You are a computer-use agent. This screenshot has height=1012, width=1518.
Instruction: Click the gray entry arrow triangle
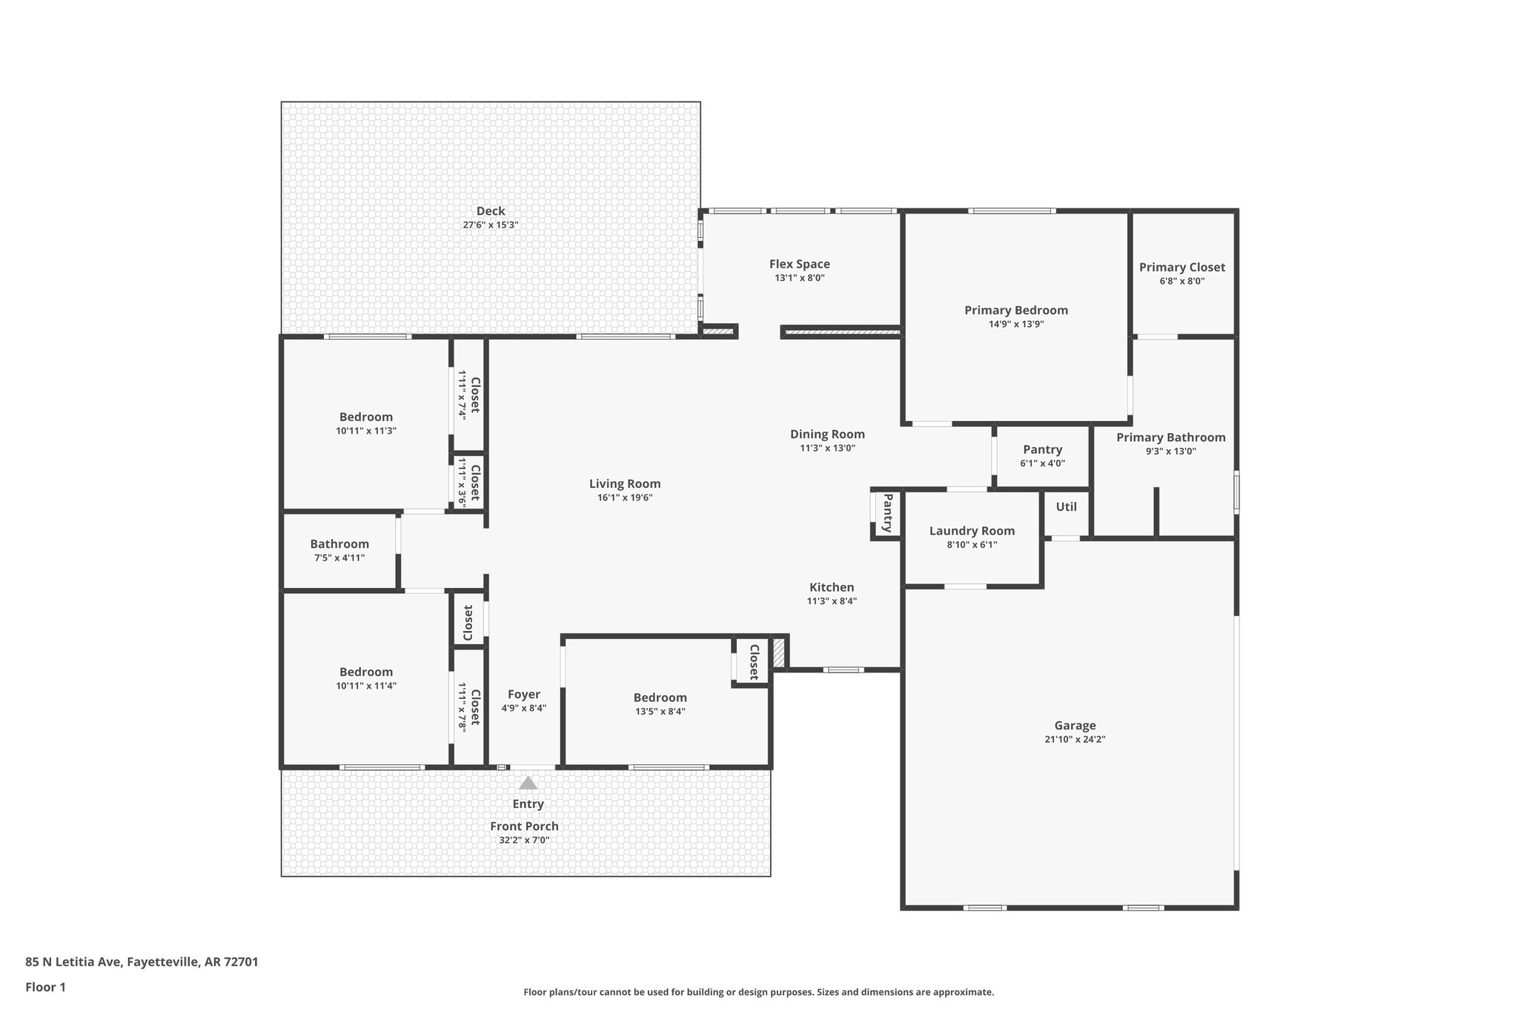pyautogui.click(x=528, y=783)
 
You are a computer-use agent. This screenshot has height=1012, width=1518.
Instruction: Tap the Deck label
pyautogui.click(x=490, y=211)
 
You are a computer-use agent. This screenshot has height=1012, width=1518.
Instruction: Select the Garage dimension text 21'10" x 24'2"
pyautogui.click(x=1075, y=739)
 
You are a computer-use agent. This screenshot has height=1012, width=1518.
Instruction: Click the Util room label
pyautogui.click(x=1066, y=507)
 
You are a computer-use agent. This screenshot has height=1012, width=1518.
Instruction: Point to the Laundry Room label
pyautogui.click(x=972, y=531)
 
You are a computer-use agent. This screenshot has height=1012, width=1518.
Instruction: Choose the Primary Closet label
pyautogui.click(x=1181, y=267)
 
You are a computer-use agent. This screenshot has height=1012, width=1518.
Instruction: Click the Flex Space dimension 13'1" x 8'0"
pyautogui.click(x=799, y=278)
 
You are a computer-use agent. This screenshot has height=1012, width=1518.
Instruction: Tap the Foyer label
pyautogui.click(x=523, y=695)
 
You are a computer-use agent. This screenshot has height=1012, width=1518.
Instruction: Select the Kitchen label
pyautogui.click(x=831, y=587)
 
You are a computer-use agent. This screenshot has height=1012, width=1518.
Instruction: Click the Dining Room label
pyautogui.click(x=827, y=434)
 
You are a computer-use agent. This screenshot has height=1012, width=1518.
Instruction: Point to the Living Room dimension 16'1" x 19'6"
pyautogui.click(x=624, y=497)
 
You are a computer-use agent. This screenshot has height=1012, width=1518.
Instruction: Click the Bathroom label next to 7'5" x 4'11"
pyautogui.click(x=339, y=544)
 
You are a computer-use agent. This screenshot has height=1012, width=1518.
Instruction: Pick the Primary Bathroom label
pyautogui.click(x=1170, y=437)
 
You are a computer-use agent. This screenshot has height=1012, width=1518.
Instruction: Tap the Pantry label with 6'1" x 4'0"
pyautogui.click(x=1042, y=449)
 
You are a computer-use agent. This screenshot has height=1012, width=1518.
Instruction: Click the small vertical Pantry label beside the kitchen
pyautogui.click(x=887, y=513)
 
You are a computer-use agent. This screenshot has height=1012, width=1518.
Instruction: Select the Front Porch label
pyautogui.click(x=524, y=826)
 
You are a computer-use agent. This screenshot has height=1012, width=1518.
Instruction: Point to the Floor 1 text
pyautogui.click(x=45, y=987)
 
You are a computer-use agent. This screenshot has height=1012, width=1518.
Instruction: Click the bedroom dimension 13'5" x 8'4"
pyautogui.click(x=660, y=711)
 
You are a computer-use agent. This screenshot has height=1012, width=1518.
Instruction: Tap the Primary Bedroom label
pyautogui.click(x=1015, y=310)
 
